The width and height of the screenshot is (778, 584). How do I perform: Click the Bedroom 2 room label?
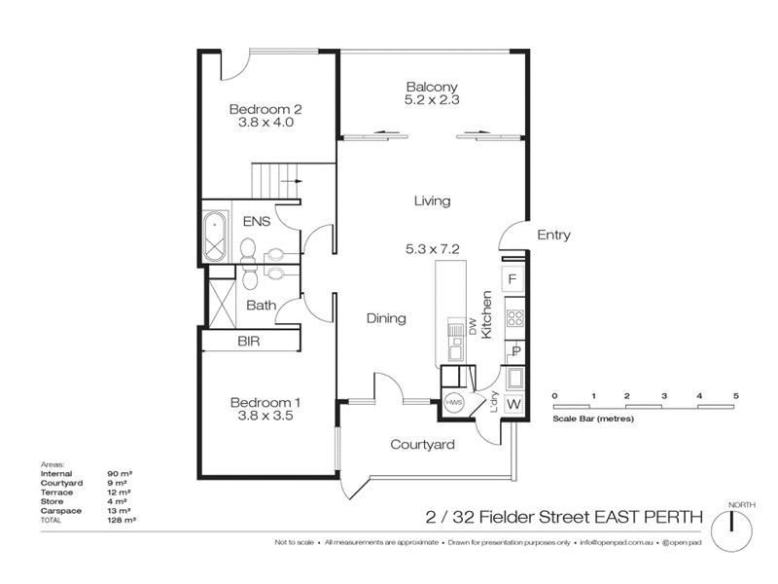tap(261, 109)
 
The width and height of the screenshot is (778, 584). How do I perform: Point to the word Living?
tap(432, 201)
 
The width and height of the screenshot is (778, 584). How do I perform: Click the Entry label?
tap(553, 235)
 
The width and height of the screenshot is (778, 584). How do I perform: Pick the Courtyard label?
tap(423, 445)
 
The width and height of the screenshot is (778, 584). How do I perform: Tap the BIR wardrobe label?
tap(250, 342)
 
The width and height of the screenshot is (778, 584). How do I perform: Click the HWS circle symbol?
tap(453, 402)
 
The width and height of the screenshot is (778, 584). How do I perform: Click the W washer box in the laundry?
tap(514, 404)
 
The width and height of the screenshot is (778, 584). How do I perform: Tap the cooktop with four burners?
tap(514, 317)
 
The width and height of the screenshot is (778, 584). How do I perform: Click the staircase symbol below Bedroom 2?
tap(276, 181)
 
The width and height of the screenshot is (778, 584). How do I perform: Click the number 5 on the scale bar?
tap(736, 395)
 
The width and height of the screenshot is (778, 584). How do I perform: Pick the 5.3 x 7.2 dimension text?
tap(432, 249)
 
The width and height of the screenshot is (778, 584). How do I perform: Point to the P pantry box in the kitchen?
tap(514, 351)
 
